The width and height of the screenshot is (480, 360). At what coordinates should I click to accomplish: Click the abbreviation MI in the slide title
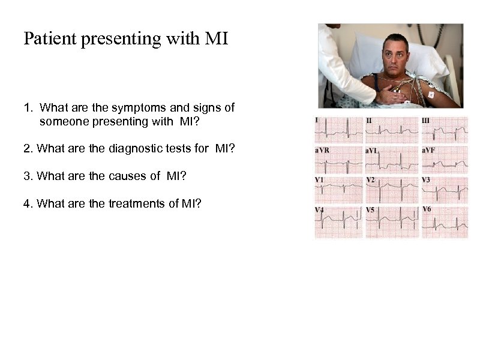click(217, 39)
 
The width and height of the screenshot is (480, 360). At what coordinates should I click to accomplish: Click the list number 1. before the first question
click(28, 108)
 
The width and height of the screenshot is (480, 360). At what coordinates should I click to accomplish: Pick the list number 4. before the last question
click(28, 203)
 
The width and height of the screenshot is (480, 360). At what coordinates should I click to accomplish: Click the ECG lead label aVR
click(322, 151)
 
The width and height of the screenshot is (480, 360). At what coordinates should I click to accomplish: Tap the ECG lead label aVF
click(429, 150)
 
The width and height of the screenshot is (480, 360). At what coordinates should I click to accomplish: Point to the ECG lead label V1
click(320, 179)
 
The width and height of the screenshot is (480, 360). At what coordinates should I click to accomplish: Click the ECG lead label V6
click(427, 209)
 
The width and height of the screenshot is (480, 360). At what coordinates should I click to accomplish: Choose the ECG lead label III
click(426, 121)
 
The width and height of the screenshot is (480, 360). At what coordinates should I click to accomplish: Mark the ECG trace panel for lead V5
click(392, 221)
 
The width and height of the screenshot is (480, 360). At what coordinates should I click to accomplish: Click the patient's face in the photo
click(395, 58)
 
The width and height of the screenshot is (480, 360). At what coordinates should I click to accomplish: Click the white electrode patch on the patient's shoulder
click(430, 95)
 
